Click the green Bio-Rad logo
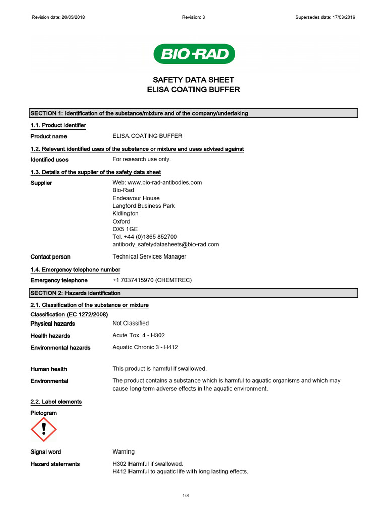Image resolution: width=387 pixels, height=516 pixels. coord(194,54)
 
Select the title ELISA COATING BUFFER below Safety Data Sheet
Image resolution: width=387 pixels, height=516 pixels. coord(193,90)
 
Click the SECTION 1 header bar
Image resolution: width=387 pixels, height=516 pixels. coord(193,113)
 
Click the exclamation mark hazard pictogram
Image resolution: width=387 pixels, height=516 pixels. coord(44,429)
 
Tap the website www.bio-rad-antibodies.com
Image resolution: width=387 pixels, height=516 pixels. coord(164,183)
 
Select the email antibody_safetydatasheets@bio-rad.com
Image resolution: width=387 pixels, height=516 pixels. coord(165,244)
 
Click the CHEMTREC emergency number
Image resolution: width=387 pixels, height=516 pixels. coord(153,280)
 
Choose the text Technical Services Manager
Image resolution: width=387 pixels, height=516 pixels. coord(149,256)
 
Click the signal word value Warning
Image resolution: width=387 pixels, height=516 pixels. coord(123,452)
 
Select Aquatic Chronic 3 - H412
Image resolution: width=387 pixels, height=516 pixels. coord(145,347)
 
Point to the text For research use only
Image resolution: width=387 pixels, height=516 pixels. coord(142,159)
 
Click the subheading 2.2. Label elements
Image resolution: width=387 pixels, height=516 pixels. coord(56,402)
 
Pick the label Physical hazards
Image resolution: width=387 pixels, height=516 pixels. coord(52,324)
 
